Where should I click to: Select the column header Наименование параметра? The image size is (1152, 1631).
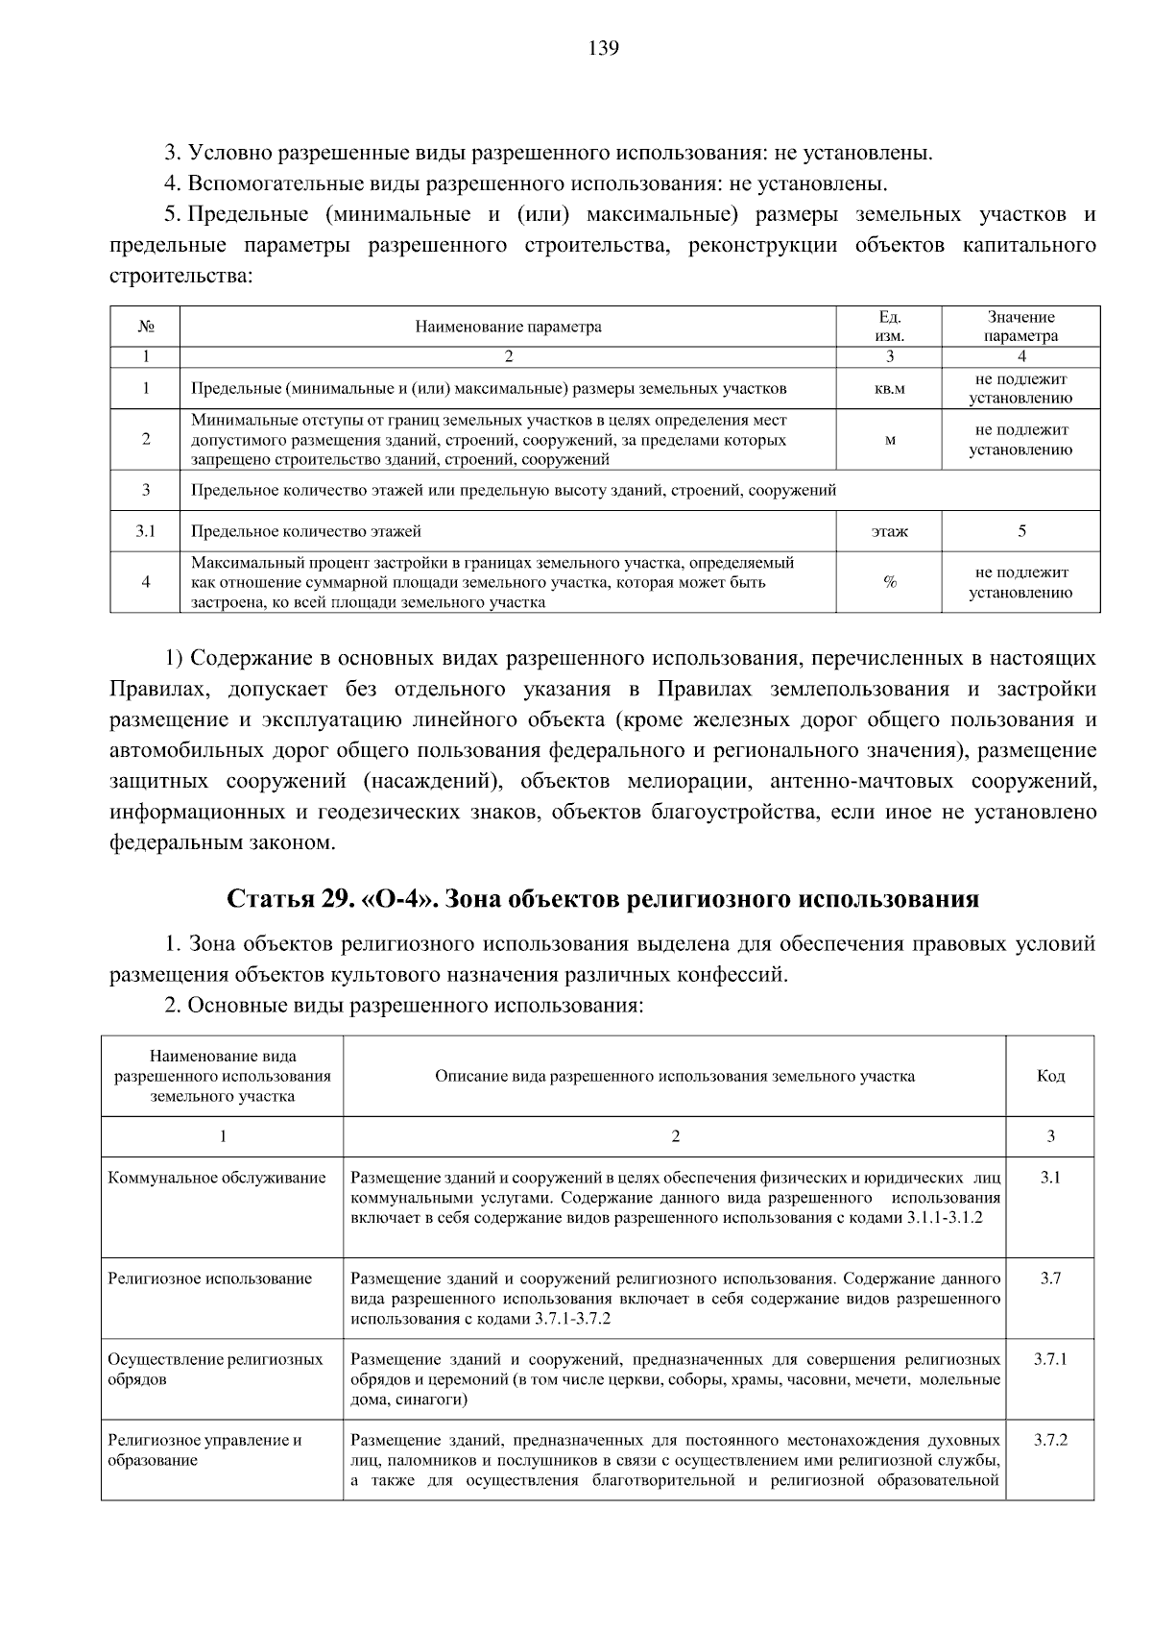click(x=508, y=327)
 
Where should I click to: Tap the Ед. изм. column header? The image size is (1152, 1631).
click(x=889, y=327)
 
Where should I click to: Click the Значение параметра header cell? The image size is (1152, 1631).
click(x=1020, y=327)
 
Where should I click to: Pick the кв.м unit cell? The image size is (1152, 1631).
click(x=889, y=389)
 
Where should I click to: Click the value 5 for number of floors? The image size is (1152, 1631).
click(x=1021, y=531)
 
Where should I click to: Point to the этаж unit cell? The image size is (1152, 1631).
click(x=889, y=531)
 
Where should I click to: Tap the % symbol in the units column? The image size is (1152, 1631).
click(x=889, y=582)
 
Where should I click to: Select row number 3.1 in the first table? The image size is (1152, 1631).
click(x=145, y=531)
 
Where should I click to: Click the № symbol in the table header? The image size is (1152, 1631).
click(x=146, y=327)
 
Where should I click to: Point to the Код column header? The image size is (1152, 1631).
click(x=1050, y=1076)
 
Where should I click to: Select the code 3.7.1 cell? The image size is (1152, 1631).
click(x=1050, y=1359)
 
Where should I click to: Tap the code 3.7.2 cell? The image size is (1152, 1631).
click(x=1050, y=1440)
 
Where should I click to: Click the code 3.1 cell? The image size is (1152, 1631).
click(x=1050, y=1178)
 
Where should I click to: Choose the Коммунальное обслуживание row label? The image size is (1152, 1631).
click(x=217, y=1178)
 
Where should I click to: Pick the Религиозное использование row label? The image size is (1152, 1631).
click(x=210, y=1278)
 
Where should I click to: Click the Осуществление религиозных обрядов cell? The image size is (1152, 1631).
click(x=215, y=1369)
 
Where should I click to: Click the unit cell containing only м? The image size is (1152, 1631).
click(x=889, y=440)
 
